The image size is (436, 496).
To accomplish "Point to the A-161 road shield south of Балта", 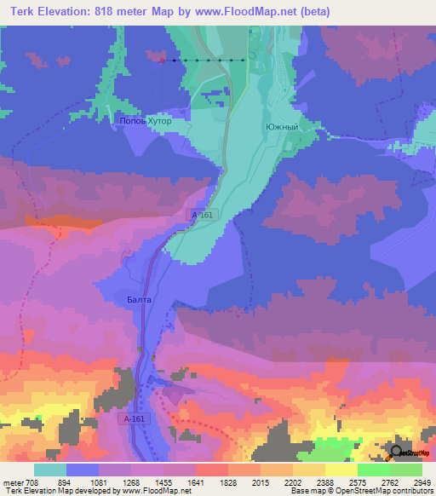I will [x=134, y=420].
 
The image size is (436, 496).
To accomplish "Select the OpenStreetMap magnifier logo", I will [x=396, y=453].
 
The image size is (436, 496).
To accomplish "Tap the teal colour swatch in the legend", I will [x=50, y=469].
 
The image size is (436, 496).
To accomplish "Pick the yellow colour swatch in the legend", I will [x=341, y=469].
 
